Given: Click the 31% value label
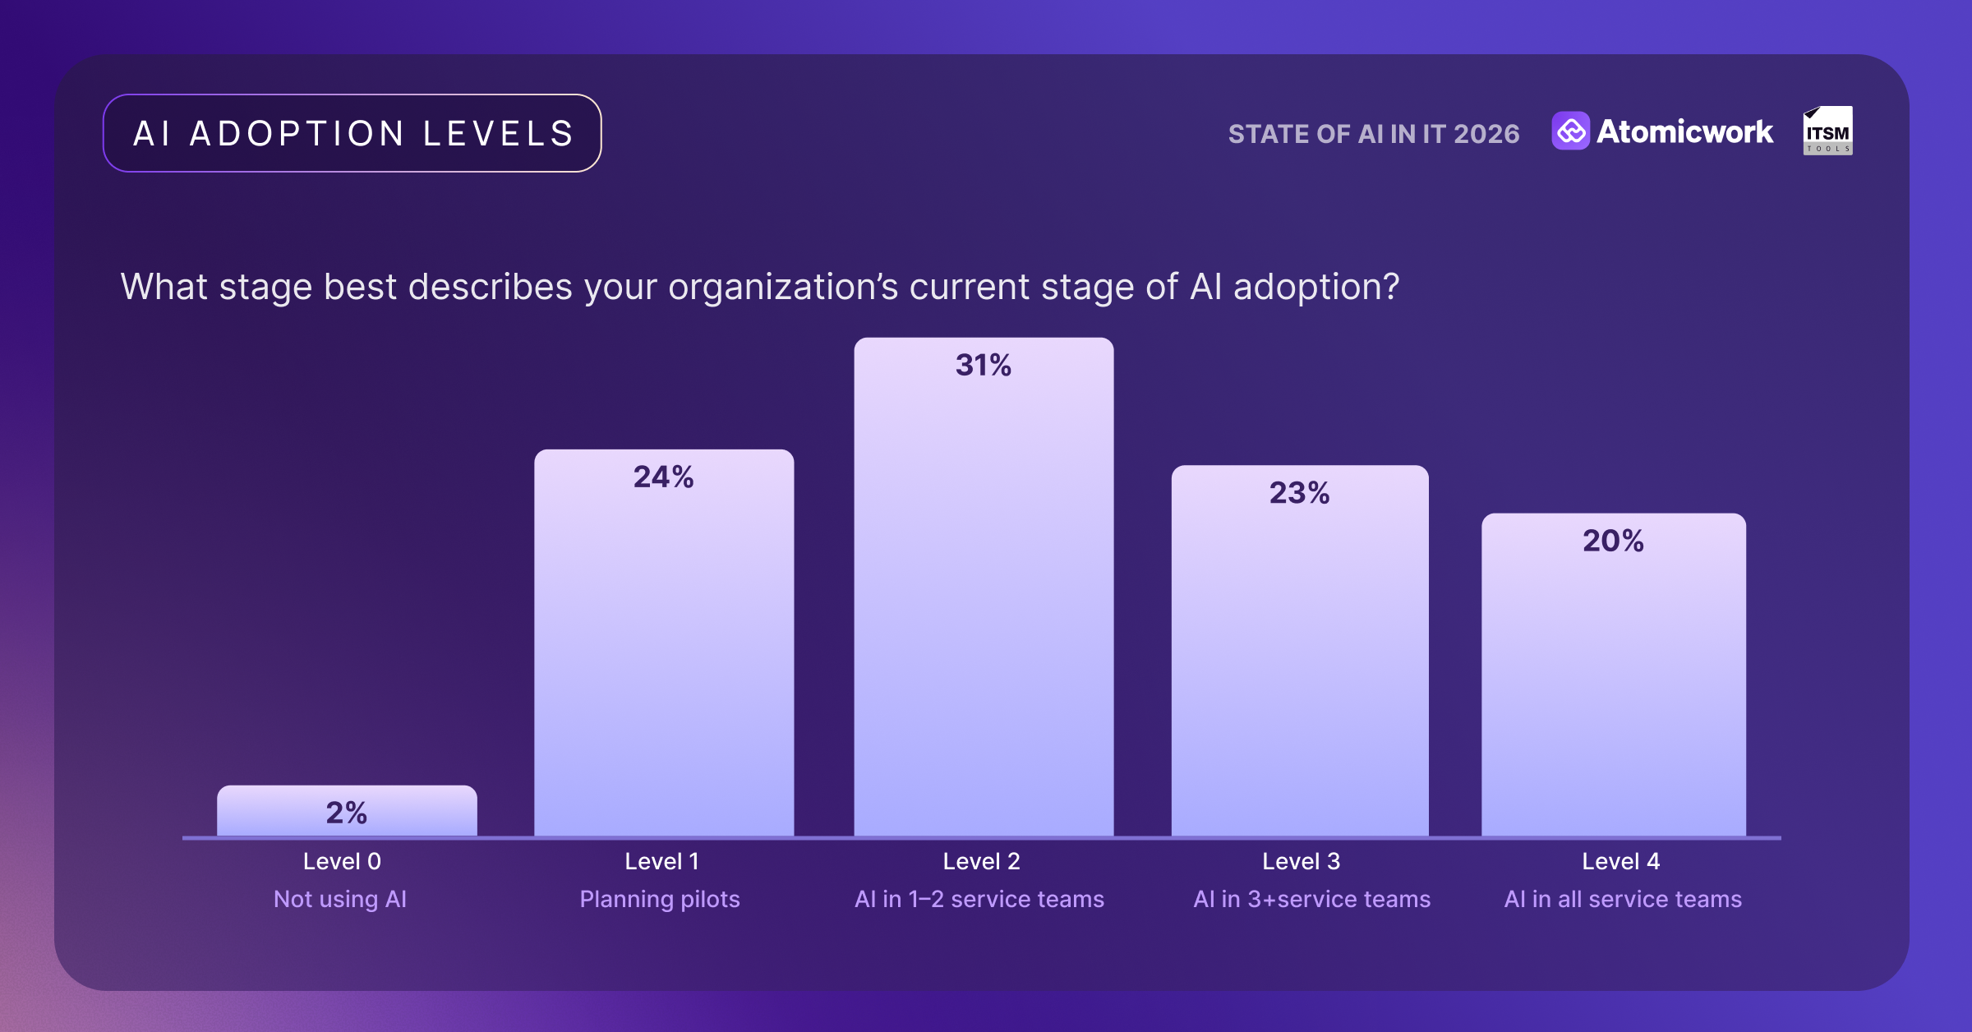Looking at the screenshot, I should point(984,365).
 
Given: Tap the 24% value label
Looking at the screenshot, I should point(663,477).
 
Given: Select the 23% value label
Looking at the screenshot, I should point(1299,493).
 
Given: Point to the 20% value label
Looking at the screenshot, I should point(1613,541).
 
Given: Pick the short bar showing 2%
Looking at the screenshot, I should point(347,810).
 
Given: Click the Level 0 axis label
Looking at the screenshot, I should point(342,861).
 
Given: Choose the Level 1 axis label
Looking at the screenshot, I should point(661,861).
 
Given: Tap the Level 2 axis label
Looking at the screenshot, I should point(981,861).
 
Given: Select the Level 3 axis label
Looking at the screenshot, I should point(1301,861).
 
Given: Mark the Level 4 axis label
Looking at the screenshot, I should point(1620,861).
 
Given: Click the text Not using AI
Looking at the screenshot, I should point(340,899).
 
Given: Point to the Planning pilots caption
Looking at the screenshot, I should point(660,899).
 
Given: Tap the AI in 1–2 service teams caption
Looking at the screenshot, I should point(979,899).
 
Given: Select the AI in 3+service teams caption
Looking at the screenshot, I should point(1312,899).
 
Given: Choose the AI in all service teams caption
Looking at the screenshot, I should point(1623,899).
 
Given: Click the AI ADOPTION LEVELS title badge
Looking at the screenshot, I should point(352,133).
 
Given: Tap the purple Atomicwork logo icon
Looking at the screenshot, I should point(1570,131).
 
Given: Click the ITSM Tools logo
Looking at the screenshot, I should point(1827,131).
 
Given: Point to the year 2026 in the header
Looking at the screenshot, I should point(1486,134).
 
